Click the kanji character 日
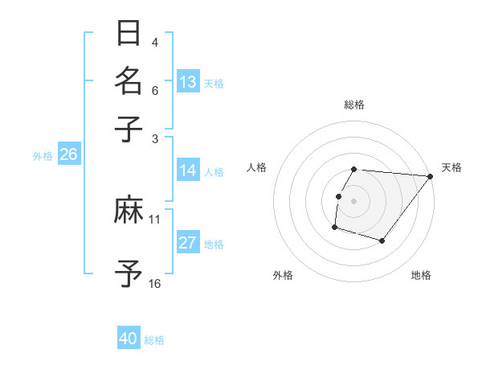pos(129,35)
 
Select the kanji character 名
pos(129,81)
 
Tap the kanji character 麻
pos(129,212)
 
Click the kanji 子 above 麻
pos(129,128)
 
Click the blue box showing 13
pos(188,82)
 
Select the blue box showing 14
pos(188,171)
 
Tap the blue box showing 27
pos(188,243)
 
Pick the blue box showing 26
pos(68,155)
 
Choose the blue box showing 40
pos(129,339)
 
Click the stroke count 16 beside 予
pos(155,283)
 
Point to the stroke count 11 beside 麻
pos(155,218)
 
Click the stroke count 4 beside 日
pos(155,41)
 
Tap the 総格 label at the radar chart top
pos(354,105)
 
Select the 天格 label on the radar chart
pos(451,167)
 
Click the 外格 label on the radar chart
pos(283,275)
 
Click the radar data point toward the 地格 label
pos(382,240)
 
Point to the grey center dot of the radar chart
pos(354,200)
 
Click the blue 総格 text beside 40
pos(155,340)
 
